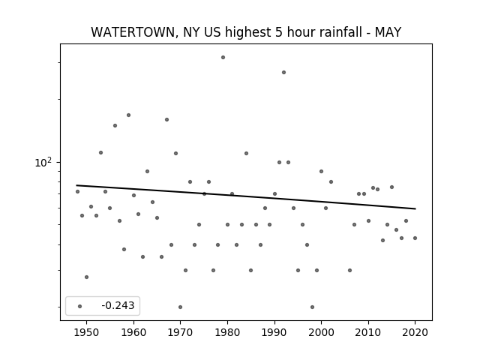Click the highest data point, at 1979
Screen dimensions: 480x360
coord(223,58)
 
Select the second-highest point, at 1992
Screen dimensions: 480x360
coord(284,73)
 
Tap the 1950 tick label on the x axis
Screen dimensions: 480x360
coord(87,332)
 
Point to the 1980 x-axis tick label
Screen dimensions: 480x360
coord(227,332)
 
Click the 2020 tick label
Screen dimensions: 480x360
coord(415,332)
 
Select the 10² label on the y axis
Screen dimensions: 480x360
coord(43,163)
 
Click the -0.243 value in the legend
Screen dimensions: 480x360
coord(118,305)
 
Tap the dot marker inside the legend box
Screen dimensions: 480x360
coord(80,307)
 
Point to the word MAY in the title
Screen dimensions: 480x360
coord(388,32)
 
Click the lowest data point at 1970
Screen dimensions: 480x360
coord(180,307)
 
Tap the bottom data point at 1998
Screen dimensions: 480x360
coord(312,307)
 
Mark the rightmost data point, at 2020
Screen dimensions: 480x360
coord(415,238)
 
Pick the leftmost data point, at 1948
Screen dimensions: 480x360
coord(77,192)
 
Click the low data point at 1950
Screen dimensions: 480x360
coord(87,277)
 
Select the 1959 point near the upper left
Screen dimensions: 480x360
coord(128,115)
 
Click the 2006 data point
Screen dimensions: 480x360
coord(350,270)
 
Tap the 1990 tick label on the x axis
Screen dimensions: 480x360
coord(274,332)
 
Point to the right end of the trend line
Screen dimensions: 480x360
coord(415,208)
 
